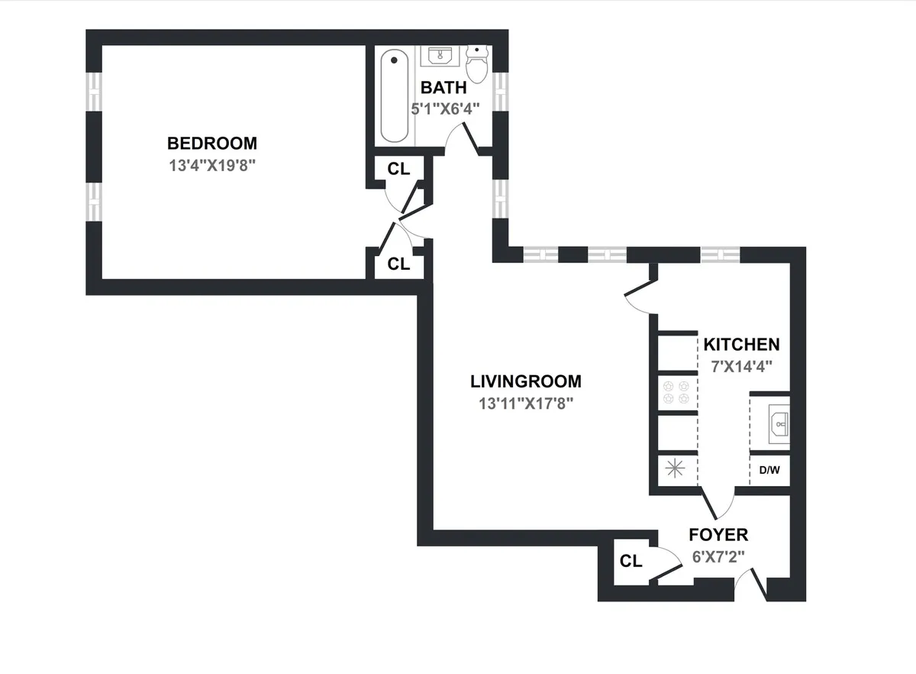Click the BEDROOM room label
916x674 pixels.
click(212, 143)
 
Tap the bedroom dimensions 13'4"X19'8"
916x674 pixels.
click(211, 164)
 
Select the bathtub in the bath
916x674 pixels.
click(395, 96)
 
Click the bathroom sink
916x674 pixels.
click(439, 57)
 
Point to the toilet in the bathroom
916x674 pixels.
click(477, 64)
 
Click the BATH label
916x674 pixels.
click(443, 88)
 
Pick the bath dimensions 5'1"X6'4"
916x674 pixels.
click(446, 109)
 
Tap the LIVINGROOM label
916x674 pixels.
click(525, 381)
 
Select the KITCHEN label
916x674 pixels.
click(741, 345)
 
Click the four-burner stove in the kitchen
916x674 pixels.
click(676, 392)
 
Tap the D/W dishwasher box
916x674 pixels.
click(769, 470)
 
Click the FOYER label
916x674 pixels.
click(718, 535)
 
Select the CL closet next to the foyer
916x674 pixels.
click(631, 562)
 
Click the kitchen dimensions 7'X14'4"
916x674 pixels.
click(741, 365)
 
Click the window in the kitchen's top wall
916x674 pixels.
click(720, 254)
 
